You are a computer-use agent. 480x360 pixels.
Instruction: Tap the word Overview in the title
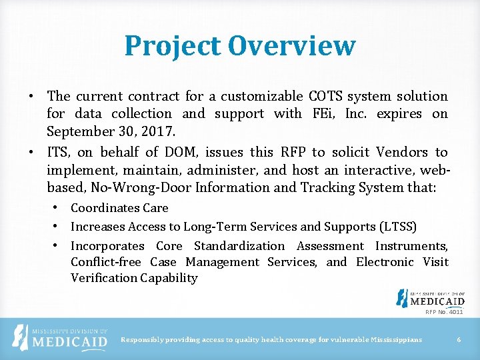[x=291, y=47]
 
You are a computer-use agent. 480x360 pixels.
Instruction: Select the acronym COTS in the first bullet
[x=326, y=96]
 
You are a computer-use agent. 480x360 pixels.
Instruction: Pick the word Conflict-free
[x=106, y=262]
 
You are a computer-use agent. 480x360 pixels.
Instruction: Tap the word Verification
[x=104, y=278]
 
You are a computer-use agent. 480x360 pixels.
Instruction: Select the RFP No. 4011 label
[x=444, y=311]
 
